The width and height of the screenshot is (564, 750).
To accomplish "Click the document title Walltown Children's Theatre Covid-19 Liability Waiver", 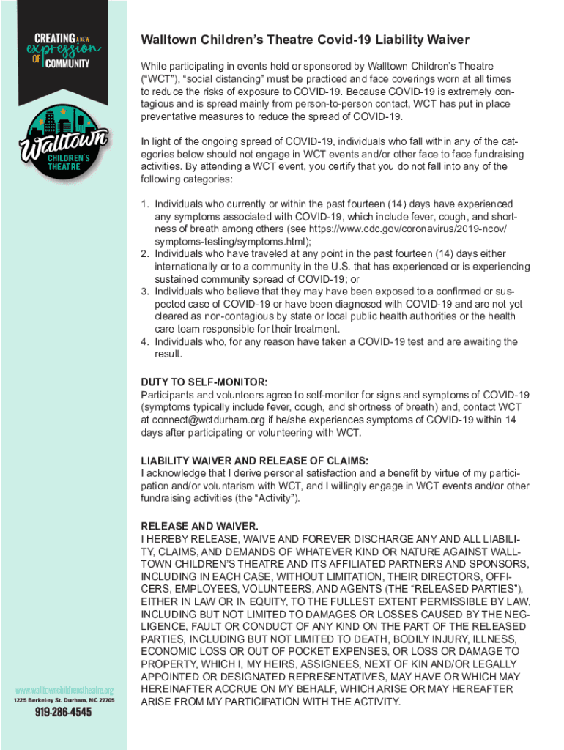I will coord(305,40).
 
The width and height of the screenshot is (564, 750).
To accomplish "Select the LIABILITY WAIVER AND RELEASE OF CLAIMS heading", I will coord(254,461).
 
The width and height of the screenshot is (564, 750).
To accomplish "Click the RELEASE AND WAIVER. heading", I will coord(198,526).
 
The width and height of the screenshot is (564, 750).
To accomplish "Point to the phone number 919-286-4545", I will coord(64,712).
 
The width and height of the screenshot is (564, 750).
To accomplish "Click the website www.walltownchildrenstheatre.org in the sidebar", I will coord(64,690).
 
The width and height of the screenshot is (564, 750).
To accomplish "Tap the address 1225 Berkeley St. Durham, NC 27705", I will coord(64,700).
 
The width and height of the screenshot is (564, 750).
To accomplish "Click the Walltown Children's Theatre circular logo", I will coord(64,143).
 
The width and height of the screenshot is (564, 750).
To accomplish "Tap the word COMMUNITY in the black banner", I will coord(70,63).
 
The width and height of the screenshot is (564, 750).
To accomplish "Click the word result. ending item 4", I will coord(168,354).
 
